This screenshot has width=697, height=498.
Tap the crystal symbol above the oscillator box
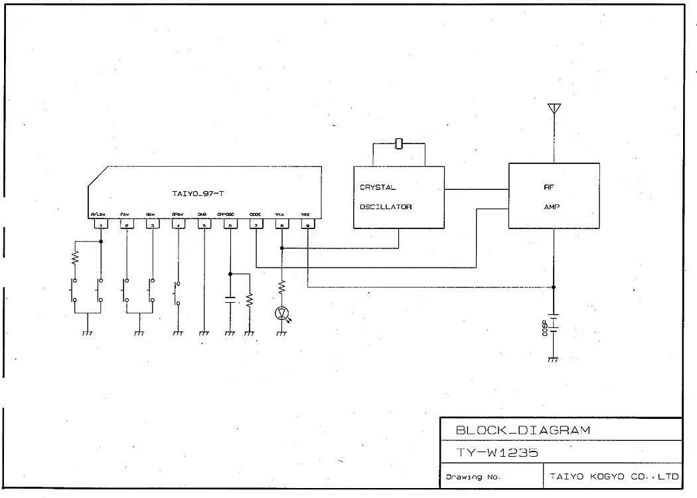point(399,143)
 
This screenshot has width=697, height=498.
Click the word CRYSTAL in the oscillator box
point(378,187)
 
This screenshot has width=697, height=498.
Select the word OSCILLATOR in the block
point(386,207)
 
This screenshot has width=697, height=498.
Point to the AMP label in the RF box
point(552,207)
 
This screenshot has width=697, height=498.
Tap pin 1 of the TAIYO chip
point(100,225)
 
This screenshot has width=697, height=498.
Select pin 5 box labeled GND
point(204,225)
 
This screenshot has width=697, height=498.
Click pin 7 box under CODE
point(256,225)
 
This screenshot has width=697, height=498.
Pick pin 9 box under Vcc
point(307,225)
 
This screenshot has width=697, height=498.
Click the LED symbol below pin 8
point(282,312)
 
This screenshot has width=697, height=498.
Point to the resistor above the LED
point(282,287)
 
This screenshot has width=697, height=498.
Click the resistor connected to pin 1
point(75,256)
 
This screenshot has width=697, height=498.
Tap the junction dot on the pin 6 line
point(230,273)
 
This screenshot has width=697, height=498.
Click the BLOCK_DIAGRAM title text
point(522,430)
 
